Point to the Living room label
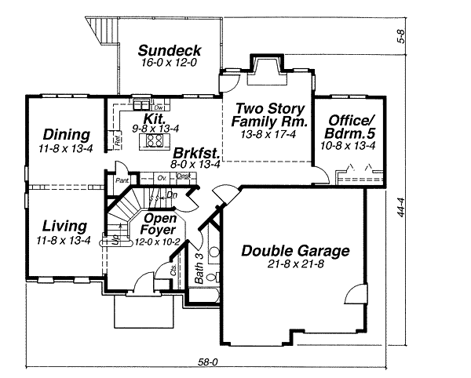(x=64, y=225)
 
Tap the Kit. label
(x=154, y=117)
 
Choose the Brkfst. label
(x=196, y=152)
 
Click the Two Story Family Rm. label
(x=268, y=115)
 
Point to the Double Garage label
(x=295, y=251)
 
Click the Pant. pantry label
(x=122, y=180)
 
